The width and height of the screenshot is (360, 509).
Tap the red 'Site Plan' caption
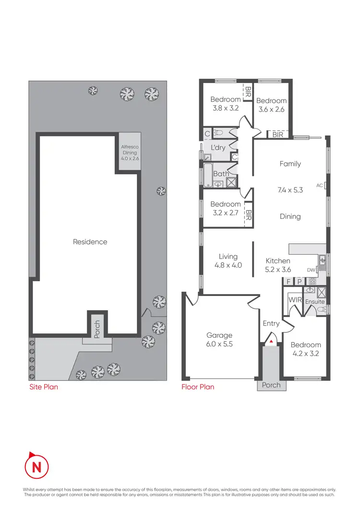click(43, 386)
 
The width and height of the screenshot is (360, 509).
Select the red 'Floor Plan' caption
click(198, 386)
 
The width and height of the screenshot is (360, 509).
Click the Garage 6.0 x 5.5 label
click(219, 340)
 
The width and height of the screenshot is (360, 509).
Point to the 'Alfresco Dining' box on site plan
click(129, 153)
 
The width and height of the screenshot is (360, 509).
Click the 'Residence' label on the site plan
click(90, 242)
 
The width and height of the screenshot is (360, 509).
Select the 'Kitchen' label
click(278, 261)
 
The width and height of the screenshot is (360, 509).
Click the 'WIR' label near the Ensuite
click(294, 300)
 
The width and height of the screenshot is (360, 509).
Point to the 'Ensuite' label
click(315, 302)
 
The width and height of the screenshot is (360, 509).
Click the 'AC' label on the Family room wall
click(320, 185)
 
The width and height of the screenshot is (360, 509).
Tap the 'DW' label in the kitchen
click(311, 270)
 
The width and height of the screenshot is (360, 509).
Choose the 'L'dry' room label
click(218, 147)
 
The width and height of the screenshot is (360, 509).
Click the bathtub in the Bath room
click(206, 175)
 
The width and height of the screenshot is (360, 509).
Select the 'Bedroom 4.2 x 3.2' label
click(306, 349)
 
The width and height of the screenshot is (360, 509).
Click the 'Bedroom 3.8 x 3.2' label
click(226, 104)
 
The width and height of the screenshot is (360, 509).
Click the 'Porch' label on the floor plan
click(271, 385)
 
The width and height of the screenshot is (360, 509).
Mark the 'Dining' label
click(290, 216)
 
